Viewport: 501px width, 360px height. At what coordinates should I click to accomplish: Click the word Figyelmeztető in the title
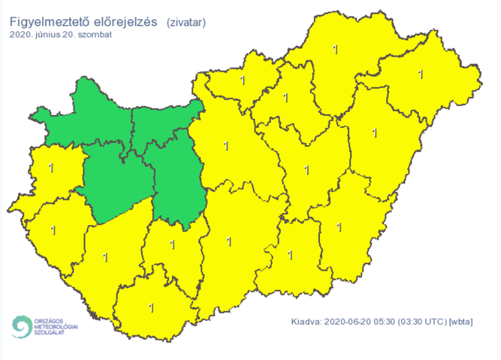47,23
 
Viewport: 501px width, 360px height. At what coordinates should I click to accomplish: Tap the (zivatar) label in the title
186,23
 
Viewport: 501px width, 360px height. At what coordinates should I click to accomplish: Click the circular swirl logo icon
20,327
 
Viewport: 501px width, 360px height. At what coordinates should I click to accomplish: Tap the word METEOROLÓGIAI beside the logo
56,327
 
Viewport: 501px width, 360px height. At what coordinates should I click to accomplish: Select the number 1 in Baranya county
151,308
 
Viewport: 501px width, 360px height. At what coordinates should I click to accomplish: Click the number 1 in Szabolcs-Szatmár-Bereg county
420,73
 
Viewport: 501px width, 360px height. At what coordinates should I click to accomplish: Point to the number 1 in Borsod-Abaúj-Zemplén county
335,49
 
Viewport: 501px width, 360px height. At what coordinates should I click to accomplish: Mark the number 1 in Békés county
339,226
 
